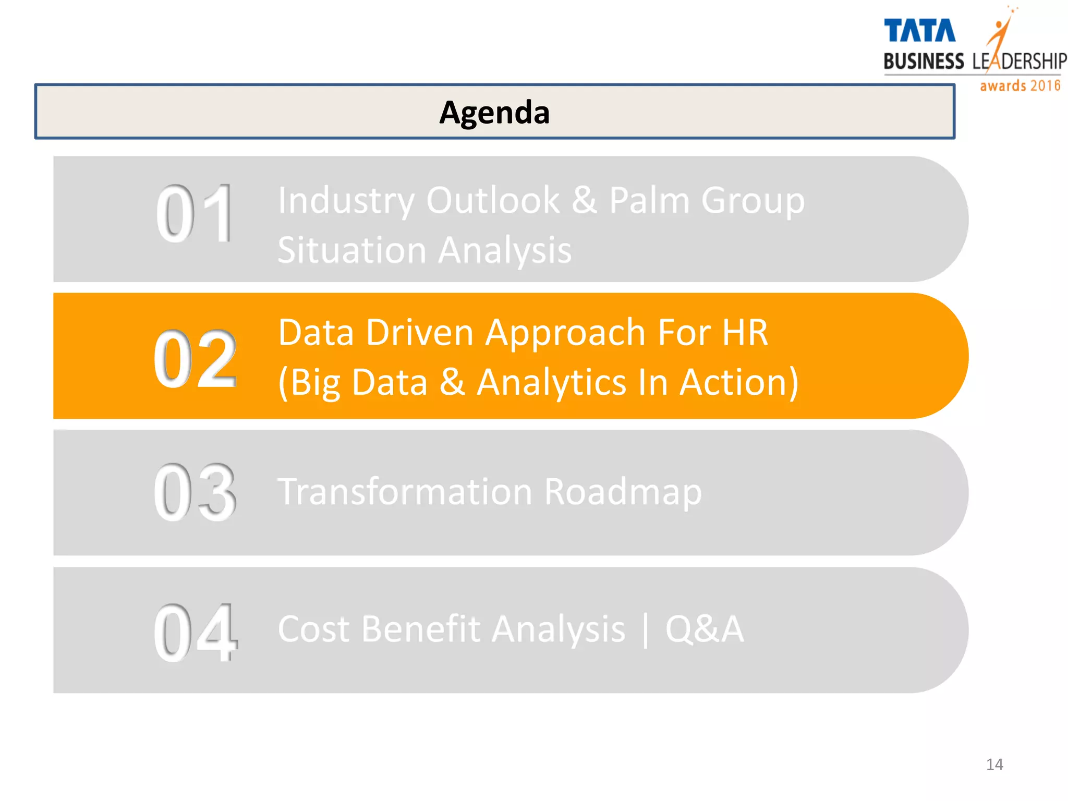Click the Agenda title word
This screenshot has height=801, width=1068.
pyautogui.click(x=494, y=113)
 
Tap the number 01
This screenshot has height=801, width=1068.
pyautogui.click(x=195, y=214)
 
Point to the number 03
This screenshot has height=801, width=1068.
pyautogui.click(x=195, y=493)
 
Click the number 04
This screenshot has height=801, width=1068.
pyautogui.click(x=196, y=632)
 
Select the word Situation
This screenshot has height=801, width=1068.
pyautogui.click(x=351, y=250)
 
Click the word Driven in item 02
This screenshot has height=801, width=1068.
pyautogui.click(x=419, y=333)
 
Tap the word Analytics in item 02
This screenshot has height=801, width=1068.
pyautogui.click(x=552, y=383)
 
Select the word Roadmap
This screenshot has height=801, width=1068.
pyautogui.click(x=623, y=492)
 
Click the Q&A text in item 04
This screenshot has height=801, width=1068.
pyautogui.click(x=704, y=629)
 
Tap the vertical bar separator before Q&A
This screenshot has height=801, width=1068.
pyautogui.click(x=646, y=630)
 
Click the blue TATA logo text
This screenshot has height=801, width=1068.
pyautogui.click(x=919, y=31)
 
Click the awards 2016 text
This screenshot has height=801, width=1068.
pyautogui.click(x=1020, y=86)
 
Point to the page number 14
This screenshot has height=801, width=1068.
pyautogui.click(x=994, y=764)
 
